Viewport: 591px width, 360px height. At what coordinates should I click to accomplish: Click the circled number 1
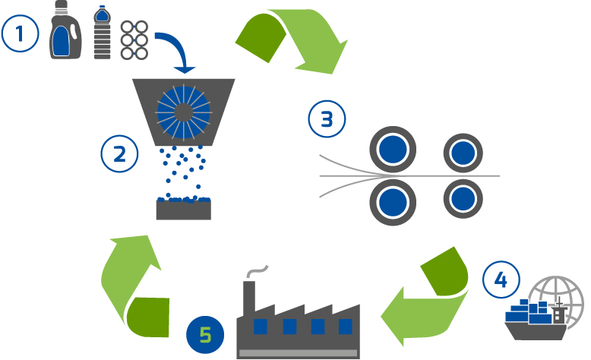click(20, 33)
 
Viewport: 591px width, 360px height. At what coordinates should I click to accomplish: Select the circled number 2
click(119, 154)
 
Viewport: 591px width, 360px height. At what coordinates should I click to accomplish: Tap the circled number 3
click(327, 118)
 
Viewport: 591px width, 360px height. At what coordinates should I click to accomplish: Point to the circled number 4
click(501, 279)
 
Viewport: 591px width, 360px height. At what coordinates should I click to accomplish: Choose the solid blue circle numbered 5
click(205, 335)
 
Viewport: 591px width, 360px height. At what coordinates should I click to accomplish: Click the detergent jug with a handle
click(65, 30)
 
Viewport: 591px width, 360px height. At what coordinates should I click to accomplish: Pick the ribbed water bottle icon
click(102, 33)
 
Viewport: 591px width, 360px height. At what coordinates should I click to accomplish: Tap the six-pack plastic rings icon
click(134, 40)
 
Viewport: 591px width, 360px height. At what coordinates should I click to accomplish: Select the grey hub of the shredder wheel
click(184, 112)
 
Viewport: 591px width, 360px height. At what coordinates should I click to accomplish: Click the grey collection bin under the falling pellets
click(184, 210)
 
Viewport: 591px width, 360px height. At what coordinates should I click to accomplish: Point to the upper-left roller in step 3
click(393, 150)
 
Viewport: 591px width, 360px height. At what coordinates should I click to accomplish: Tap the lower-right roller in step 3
click(463, 199)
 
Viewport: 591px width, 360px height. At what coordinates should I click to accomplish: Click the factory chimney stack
click(249, 297)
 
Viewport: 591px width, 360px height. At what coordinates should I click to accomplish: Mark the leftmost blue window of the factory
click(260, 327)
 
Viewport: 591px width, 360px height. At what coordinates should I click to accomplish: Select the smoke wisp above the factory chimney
click(257, 270)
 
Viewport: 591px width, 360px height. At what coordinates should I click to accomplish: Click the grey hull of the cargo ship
click(536, 331)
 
